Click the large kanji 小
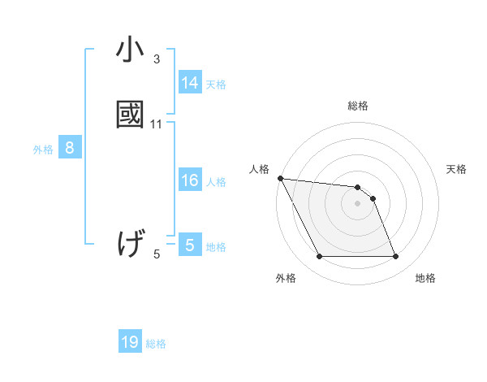pyautogui.click(x=130, y=50)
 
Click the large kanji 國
pyautogui.click(x=130, y=113)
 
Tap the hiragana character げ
pyautogui.click(x=131, y=242)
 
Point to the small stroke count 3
pyautogui.click(x=157, y=59)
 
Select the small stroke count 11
pyautogui.click(x=157, y=124)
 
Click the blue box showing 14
pyautogui.click(x=189, y=83)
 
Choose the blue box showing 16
pyautogui.click(x=189, y=180)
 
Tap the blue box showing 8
pyautogui.click(x=70, y=148)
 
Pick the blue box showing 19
pyautogui.click(x=130, y=343)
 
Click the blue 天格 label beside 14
pyautogui.click(x=216, y=85)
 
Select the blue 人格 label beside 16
pyautogui.click(x=216, y=182)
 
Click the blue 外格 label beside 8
pyautogui.click(x=43, y=150)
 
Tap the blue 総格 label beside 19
pyautogui.click(x=156, y=345)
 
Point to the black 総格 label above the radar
pyautogui.click(x=358, y=106)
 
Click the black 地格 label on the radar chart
pyautogui.click(x=425, y=278)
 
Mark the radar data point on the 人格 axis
pyautogui.click(x=280, y=178)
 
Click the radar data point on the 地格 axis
pyautogui.click(x=395, y=257)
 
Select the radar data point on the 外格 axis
pyautogui.click(x=319, y=257)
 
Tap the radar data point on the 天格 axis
pyautogui.click(x=373, y=198)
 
